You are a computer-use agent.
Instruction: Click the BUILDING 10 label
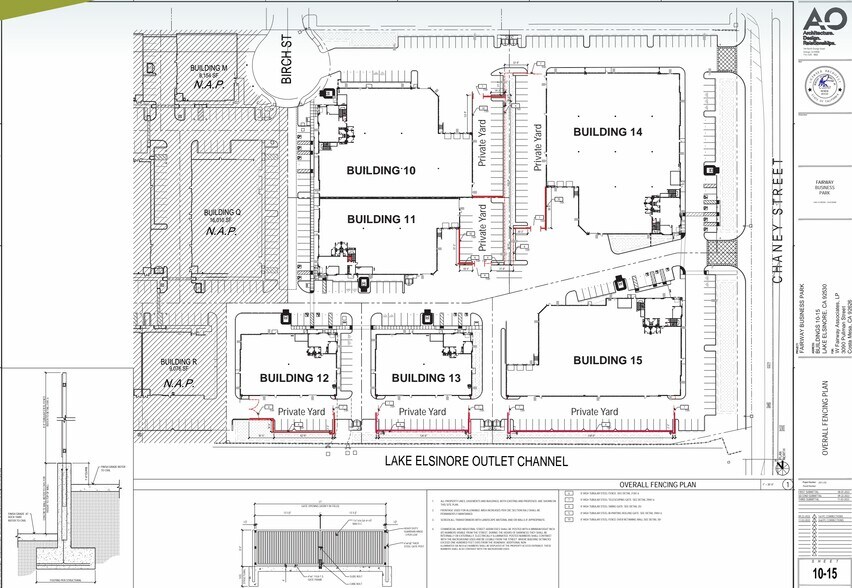click(x=380, y=171)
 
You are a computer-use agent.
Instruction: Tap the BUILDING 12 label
click(x=294, y=378)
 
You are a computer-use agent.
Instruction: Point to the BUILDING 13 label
click(x=425, y=378)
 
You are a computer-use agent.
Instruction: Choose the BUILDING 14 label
click(x=607, y=132)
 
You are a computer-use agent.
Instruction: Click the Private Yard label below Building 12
click(x=303, y=411)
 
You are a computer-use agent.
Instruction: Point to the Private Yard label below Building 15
click(x=595, y=411)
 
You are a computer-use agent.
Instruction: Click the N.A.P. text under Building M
click(x=208, y=86)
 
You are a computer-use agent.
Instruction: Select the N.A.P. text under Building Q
click(x=223, y=231)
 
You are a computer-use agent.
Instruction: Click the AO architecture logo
click(x=823, y=24)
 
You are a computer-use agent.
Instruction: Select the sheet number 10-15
click(x=822, y=571)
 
